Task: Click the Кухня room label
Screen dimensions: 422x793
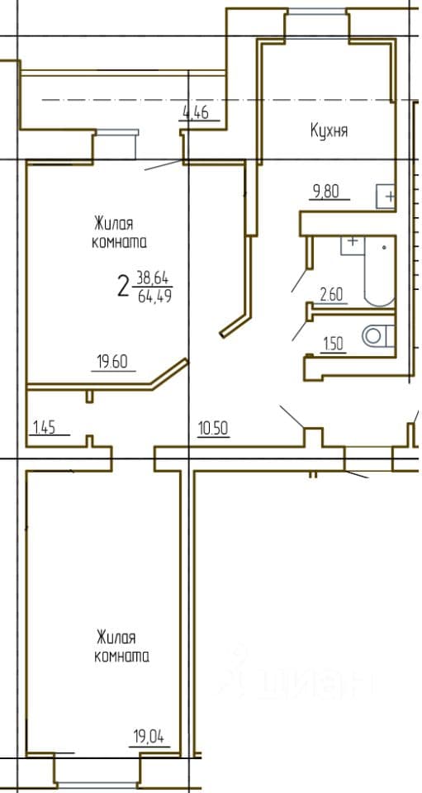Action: tap(329, 131)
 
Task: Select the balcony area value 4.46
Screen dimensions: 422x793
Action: tap(195, 113)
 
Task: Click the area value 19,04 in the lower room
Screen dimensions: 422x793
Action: tap(149, 736)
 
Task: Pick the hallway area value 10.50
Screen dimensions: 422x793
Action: tap(213, 429)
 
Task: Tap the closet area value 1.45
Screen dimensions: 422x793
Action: tap(45, 428)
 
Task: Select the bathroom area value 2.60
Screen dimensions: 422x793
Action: tap(330, 295)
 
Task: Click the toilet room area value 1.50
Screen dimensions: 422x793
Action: tap(333, 344)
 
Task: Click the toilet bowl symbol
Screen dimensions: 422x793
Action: tap(378, 336)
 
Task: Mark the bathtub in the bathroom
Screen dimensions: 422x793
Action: tap(380, 271)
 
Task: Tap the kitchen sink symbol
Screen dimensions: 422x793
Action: tap(386, 197)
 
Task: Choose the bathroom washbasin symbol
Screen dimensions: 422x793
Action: tap(353, 245)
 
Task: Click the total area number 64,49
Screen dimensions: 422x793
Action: tap(154, 296)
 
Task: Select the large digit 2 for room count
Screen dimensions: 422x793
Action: tap(122, 287)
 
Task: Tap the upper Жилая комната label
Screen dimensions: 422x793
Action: tap(119, 233)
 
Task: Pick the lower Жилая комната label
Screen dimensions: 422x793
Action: tap(121, 646)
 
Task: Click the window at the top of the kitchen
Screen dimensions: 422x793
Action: tap(317, 12)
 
